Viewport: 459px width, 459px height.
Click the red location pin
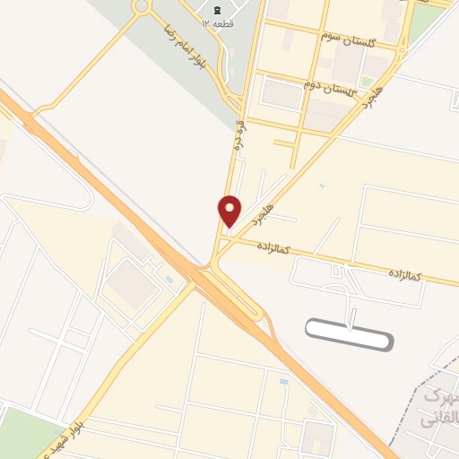pos(230,211)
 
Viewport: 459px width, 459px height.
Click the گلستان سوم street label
pos(358,33)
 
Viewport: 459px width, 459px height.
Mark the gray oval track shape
pos(349,335)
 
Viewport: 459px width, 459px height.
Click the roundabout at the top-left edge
pos(141,7)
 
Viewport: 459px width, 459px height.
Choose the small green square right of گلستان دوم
pos(367,82)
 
